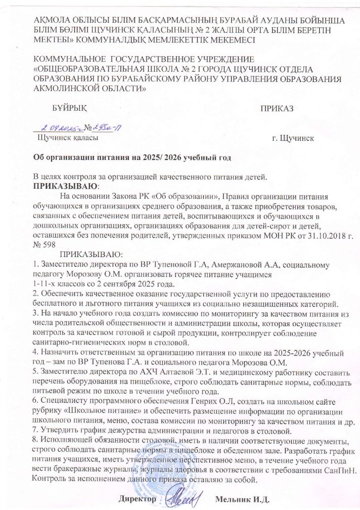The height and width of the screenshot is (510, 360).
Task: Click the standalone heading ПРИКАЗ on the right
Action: tap(277, 109)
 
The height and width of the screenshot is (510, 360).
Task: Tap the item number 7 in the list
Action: tap(35, 419)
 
